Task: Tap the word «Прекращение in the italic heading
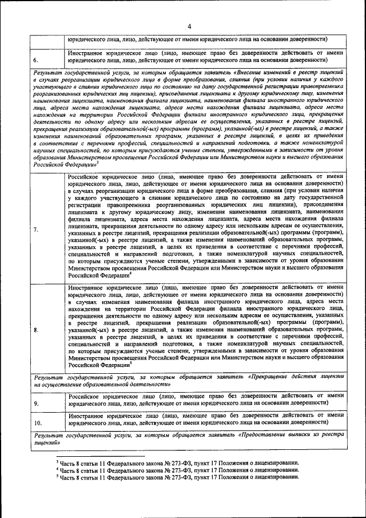coord(273,377)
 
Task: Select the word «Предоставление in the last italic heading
coord(279,436)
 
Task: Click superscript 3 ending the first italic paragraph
coord(97,162)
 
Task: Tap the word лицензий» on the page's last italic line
coord(47,443)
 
